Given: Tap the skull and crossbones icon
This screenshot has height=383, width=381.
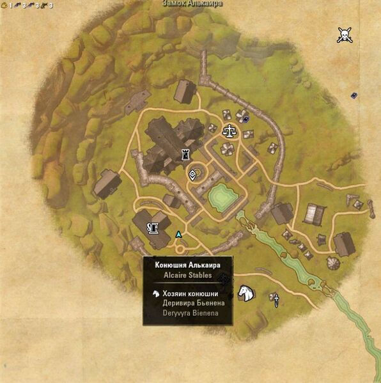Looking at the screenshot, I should pyautogui.click(x=345, y=35).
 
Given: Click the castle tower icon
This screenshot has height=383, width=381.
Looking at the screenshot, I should pyautogui.click(x=186, y=153).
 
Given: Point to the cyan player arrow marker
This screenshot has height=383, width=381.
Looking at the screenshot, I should pyautogui.click(x=179, y=235).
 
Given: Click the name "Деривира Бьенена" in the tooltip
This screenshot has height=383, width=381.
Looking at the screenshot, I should pyautogui.click(x=190, y=303).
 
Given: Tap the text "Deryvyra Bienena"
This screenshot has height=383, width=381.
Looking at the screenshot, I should pyautogui.click(x=191, y=313).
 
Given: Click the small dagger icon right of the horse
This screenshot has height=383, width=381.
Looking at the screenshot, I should pyautogui.click(x=276, y=299).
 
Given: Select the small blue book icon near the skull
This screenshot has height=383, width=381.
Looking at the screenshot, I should pyautogui.click(x=354, y=96).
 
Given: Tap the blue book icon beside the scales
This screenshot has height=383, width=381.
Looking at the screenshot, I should pyautogui.click(x=246, y=118).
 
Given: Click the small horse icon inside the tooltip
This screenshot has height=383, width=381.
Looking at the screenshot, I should pyautogui.click(x=155, y=293).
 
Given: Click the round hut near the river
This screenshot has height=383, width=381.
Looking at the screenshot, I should pyautogui.click(x=333, y=263).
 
